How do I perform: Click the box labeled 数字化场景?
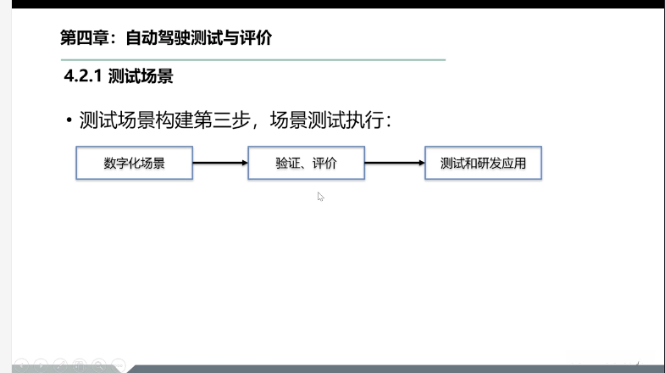point(135,164)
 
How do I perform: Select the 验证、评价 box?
point(307,164)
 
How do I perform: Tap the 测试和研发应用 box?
point(483,164)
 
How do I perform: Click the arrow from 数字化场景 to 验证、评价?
point(220,164)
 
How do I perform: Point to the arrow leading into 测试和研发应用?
point(395,164)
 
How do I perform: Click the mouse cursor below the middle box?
point(321,197)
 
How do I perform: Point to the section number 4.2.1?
point(83,76)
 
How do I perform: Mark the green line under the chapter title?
point(254,60)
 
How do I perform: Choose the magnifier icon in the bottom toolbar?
point(100,365)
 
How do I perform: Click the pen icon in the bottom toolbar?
point(61,365)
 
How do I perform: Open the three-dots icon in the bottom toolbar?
point(119,365)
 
